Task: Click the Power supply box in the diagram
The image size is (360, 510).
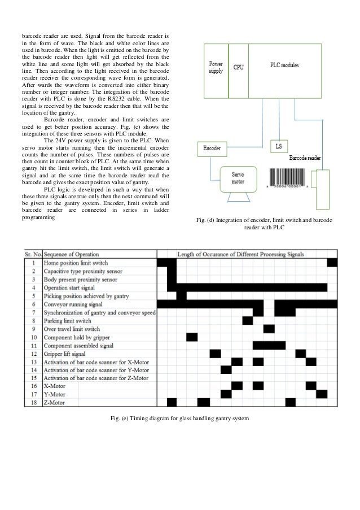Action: coord(216,72)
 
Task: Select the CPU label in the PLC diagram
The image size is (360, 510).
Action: coord(239,68)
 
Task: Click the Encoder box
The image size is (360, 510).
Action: coord(212,149)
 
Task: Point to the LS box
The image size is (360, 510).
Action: coord(278,146)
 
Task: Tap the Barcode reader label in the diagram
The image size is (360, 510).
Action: coord(305,159)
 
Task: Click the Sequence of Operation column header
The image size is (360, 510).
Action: coord(71,254)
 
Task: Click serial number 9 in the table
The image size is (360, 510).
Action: coord(34,329)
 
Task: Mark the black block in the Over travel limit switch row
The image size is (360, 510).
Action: coord(269,329)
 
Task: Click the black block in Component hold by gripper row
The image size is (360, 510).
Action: coord(192,337)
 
